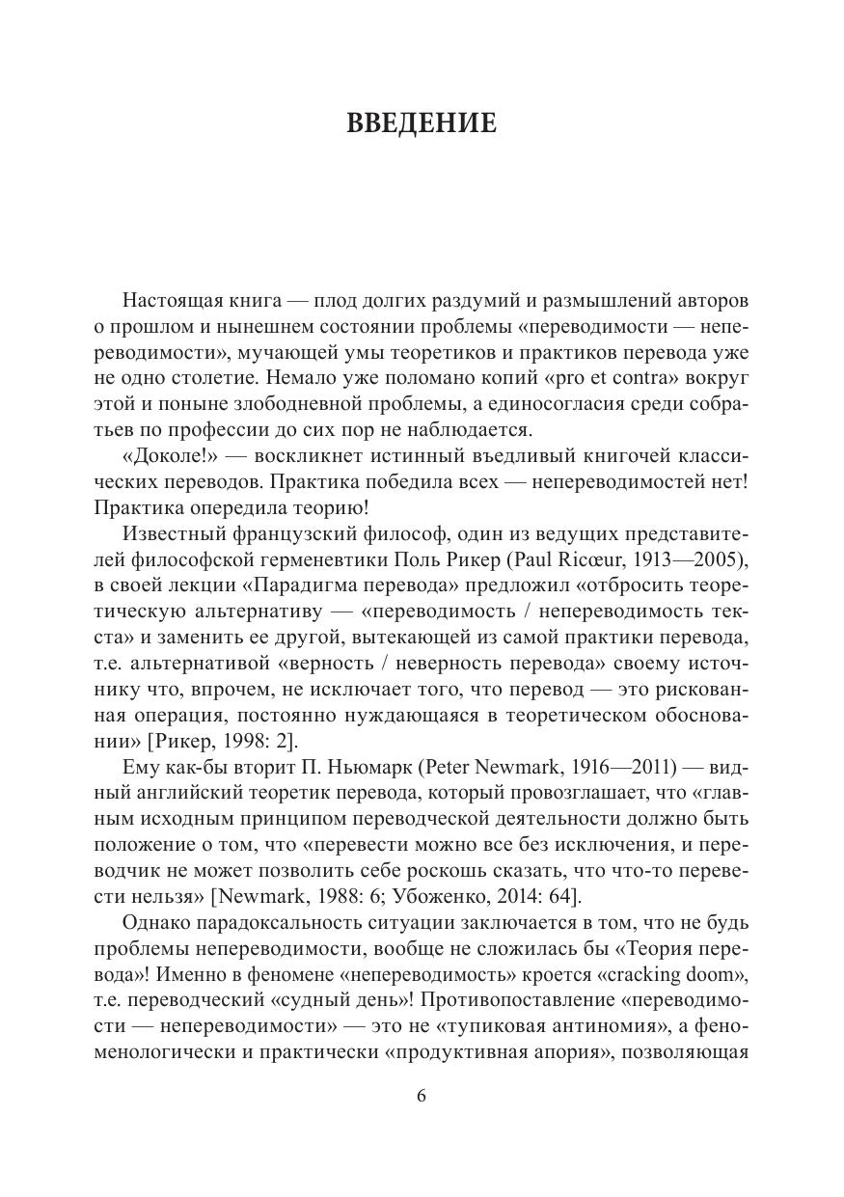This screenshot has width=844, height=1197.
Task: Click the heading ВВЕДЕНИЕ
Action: point(422,123)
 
